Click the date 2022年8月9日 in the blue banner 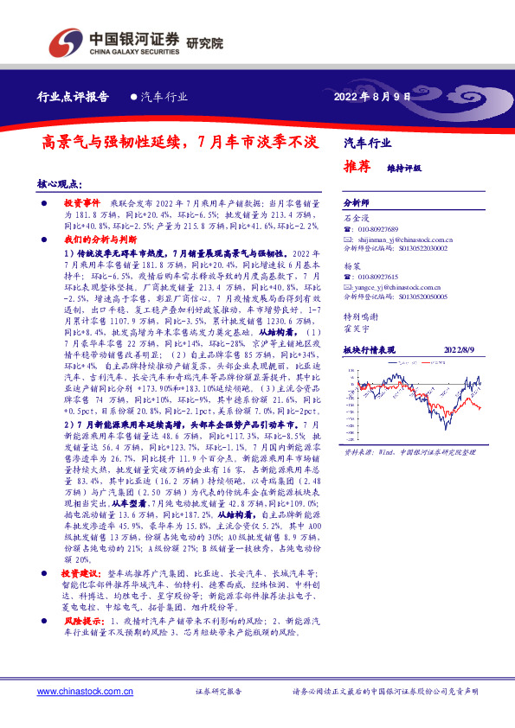371,96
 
